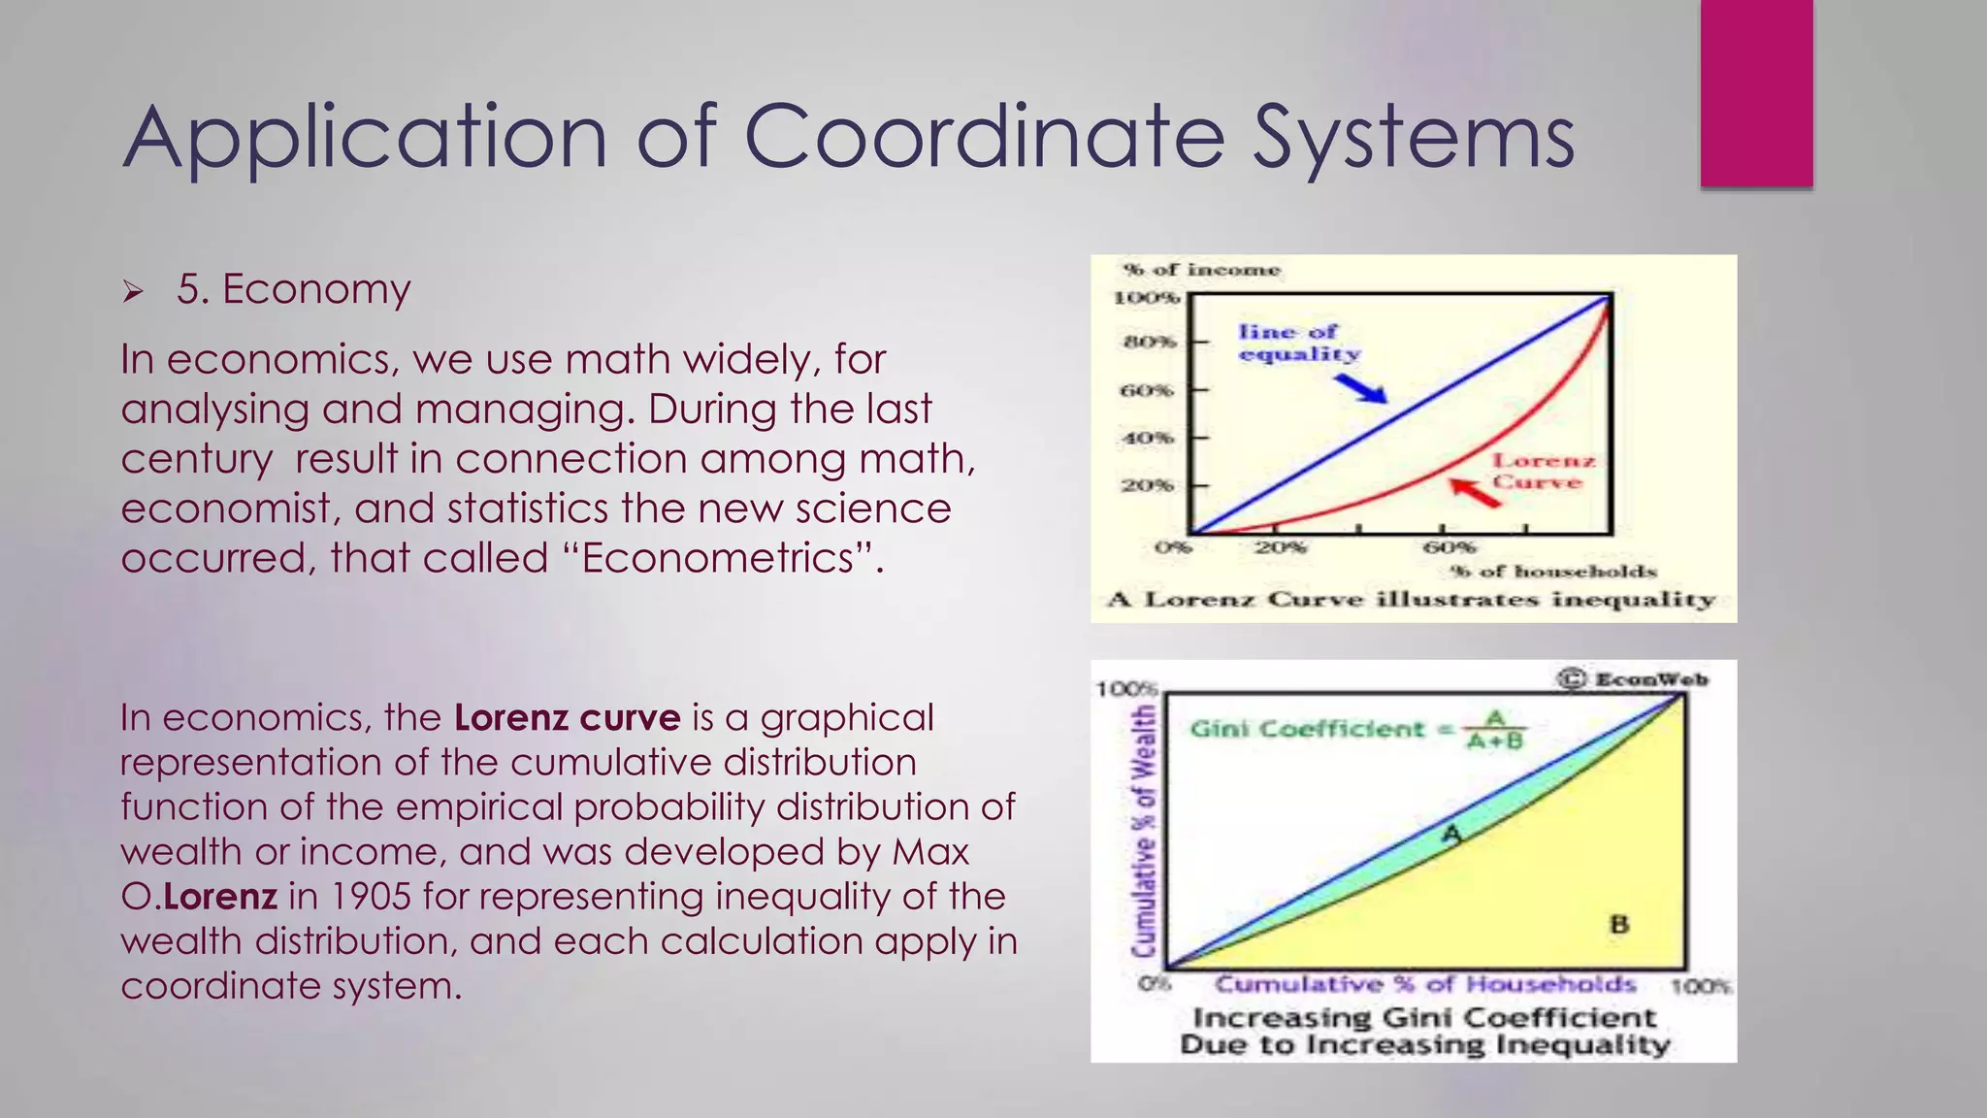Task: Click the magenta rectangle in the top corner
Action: coord(1756,93)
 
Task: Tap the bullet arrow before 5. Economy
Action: coord(133,291)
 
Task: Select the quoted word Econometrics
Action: coord(718,558)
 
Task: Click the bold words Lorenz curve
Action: coord(568,718)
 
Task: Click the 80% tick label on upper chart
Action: coord(1149,342)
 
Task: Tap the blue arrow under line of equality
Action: coord(1359,388)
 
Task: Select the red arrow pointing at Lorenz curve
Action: coord(1475,493)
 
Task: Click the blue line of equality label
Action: coord(1299,343)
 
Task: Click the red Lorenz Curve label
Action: coord(1543,472)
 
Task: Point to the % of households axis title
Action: coord(1552,572)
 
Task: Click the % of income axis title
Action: coord(1201,270)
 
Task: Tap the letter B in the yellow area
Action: coord(1618,924)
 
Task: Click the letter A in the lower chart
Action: coord(1451,834)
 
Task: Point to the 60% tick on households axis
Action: coord(1449,547)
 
